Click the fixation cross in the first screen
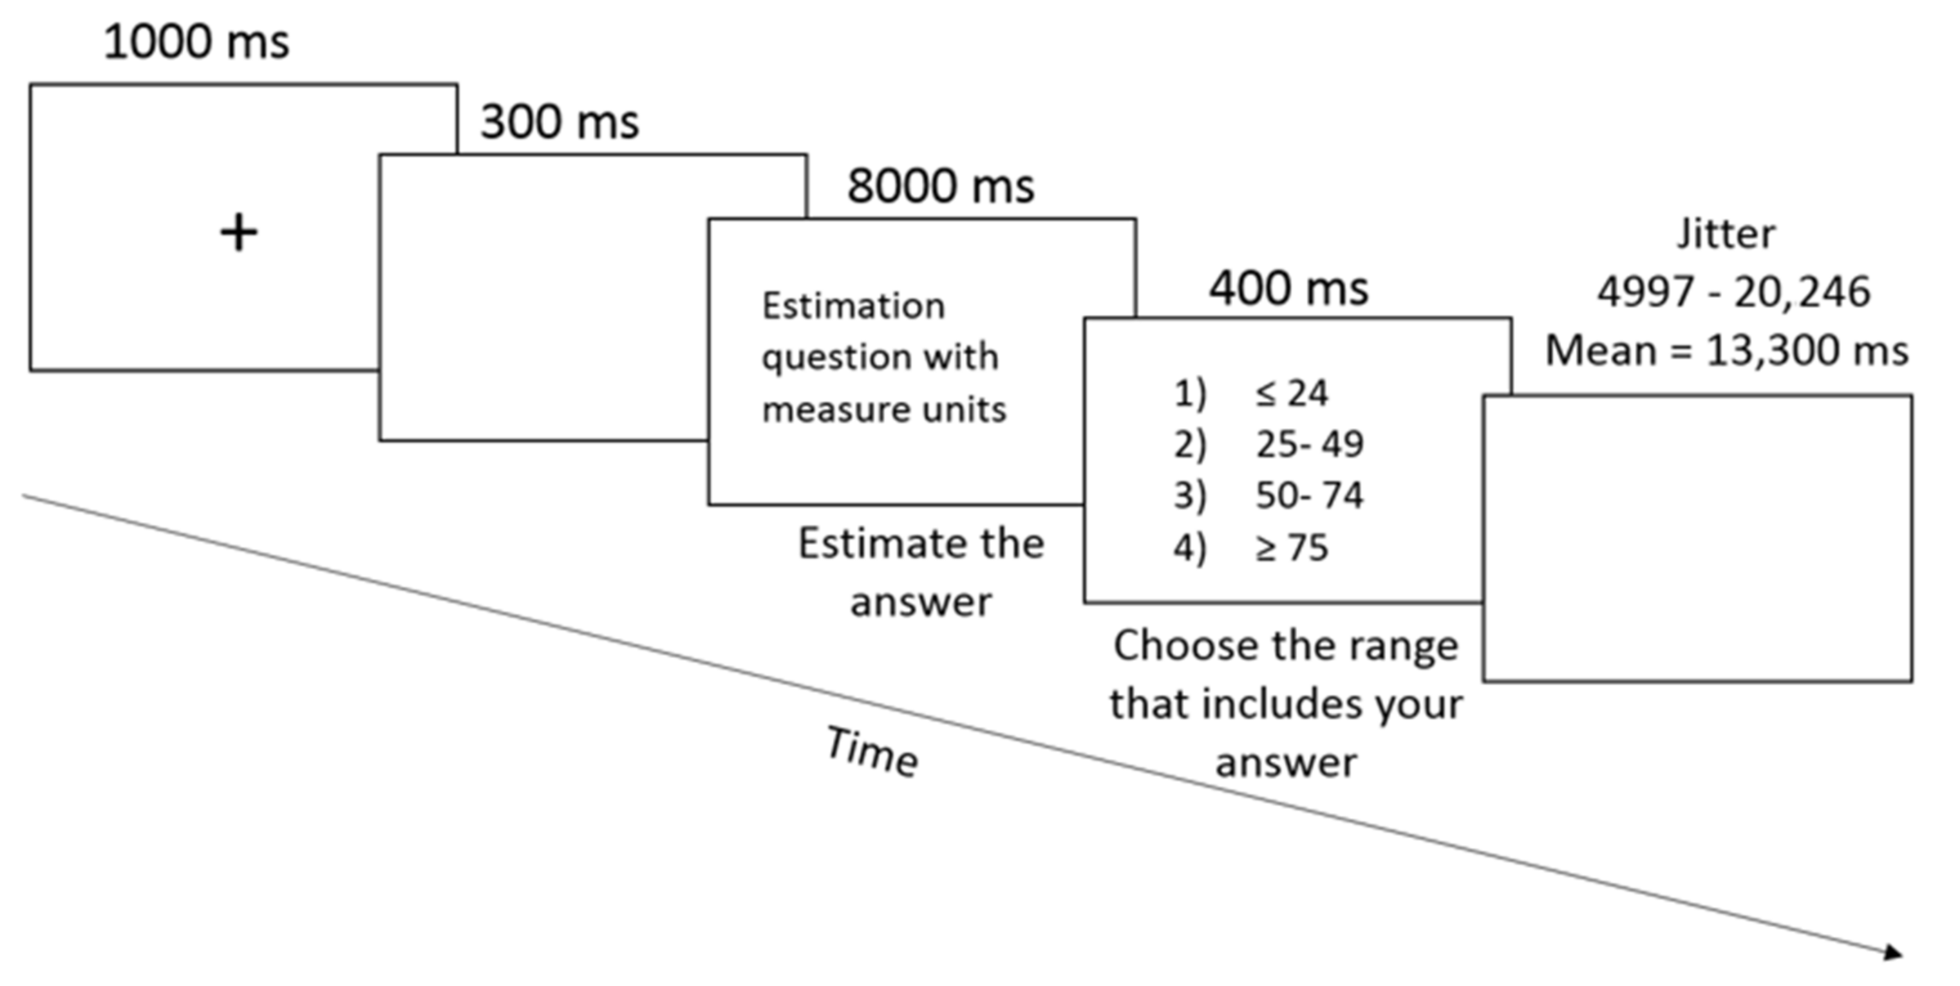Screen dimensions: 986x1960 click(x=238, y=233)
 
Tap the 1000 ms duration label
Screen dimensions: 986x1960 click(x=196, y=42)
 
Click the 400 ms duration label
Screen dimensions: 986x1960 click(x=1288, y=288)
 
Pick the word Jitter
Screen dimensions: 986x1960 click(x=1726, y=234)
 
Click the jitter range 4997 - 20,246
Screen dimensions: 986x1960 click(x=1733, y=292)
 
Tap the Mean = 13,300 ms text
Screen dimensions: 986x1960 click(x=1726, y=351)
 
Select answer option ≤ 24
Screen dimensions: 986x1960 click(x=1291, y=393)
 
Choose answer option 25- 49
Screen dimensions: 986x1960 click(x=1308, y=444)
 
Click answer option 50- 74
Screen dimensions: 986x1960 click(x=1308, y=496)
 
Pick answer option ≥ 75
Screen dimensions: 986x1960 click(x=1291, y=547)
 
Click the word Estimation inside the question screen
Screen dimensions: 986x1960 click(x=853, y=306)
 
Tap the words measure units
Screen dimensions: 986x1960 click(x=883, y=410)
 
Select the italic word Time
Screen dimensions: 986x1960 click(x=872, y=752)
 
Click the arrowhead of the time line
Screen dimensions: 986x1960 click(x=1892, y=952)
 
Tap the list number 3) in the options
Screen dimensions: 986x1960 click(x=1189, y=496)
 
